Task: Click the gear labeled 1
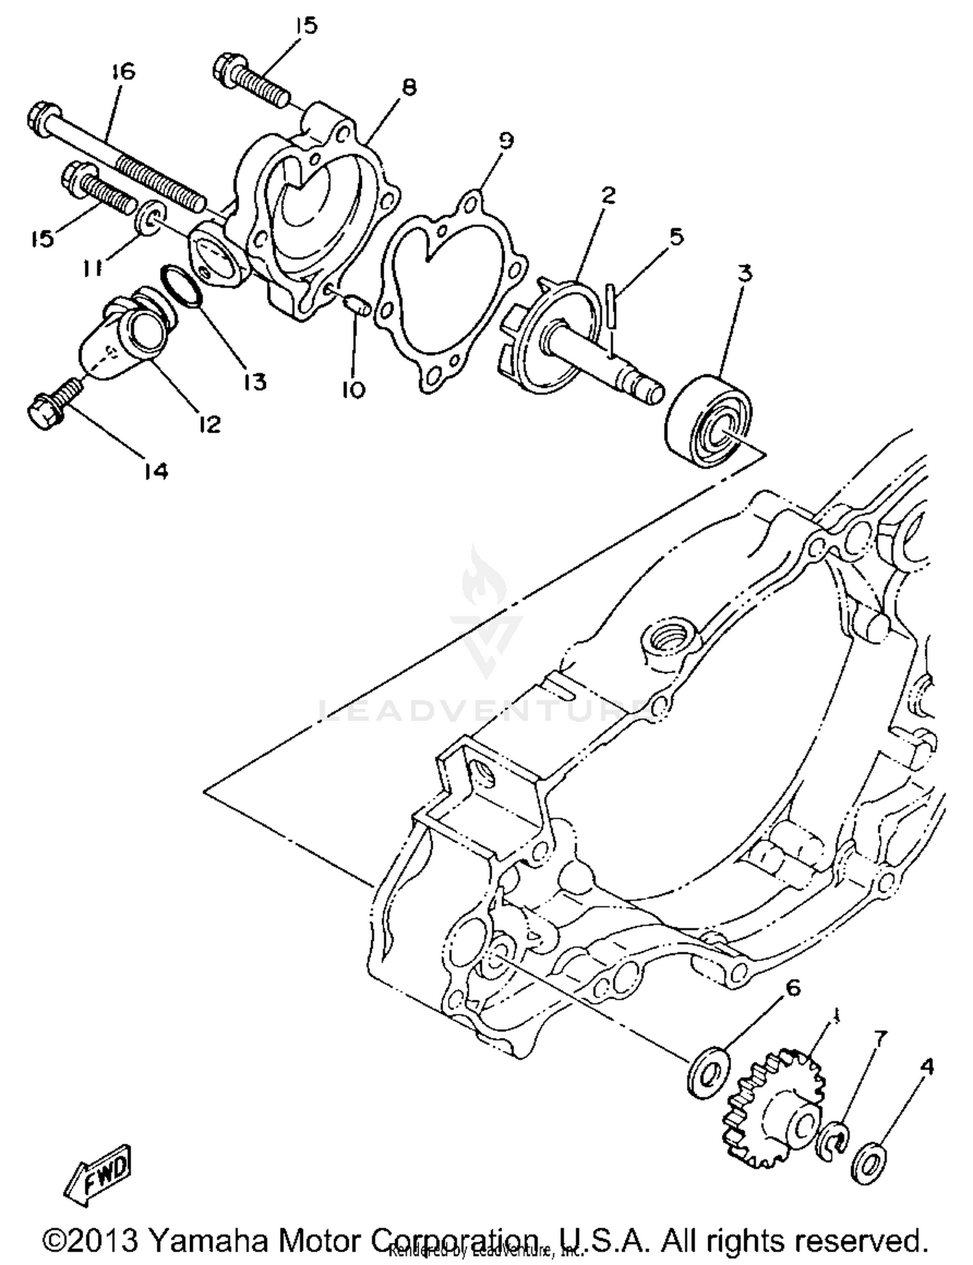(x=777, y=1108)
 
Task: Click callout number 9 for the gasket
(x=506, y=140)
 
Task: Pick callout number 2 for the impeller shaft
(x=607, y=195)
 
